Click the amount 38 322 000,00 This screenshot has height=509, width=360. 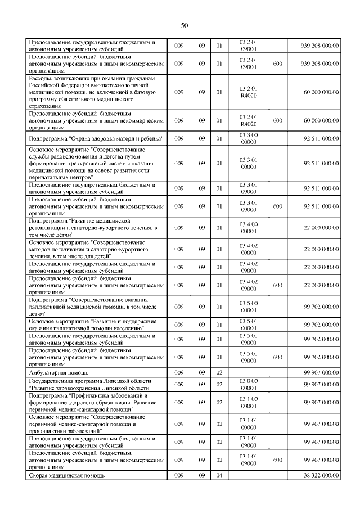(x=321, y=476)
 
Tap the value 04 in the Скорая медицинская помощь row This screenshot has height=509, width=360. (x=220, y=476)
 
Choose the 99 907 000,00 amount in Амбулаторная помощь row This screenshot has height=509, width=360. (x=321, y=372)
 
